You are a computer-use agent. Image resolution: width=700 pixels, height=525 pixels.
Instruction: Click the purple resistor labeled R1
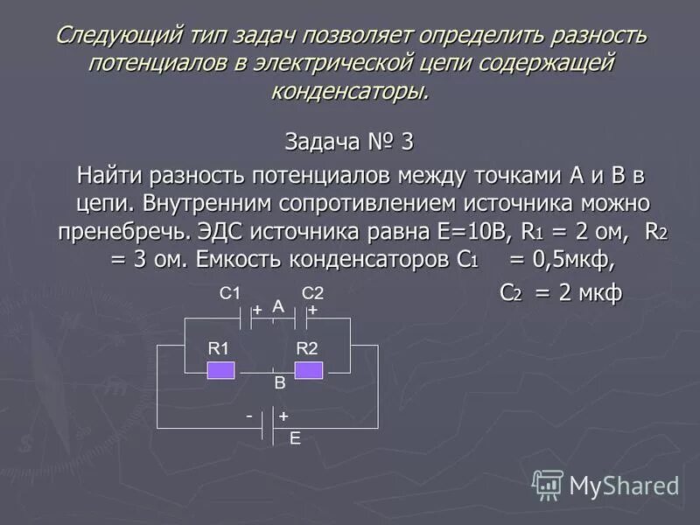coord(220,370)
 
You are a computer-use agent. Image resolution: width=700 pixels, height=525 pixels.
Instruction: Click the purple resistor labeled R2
coord(308,370)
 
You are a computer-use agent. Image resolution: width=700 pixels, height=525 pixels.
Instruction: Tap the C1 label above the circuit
coord(229,295)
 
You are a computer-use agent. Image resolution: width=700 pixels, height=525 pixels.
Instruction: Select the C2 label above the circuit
coord(312,295)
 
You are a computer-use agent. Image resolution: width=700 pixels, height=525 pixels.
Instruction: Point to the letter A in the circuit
coord(278,306)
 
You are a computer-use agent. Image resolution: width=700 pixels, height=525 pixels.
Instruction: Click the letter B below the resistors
coord(280,383)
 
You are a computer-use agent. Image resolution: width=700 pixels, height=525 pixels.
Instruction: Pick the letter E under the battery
coord(295,440)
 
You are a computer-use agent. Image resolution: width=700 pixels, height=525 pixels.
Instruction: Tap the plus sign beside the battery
coord(283,417)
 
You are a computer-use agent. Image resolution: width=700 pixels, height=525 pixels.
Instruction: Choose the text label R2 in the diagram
coord(307,348)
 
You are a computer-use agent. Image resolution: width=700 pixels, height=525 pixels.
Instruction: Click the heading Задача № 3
coord(349,141)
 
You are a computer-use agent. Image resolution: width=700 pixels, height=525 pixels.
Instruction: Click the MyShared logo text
coord(624,485)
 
